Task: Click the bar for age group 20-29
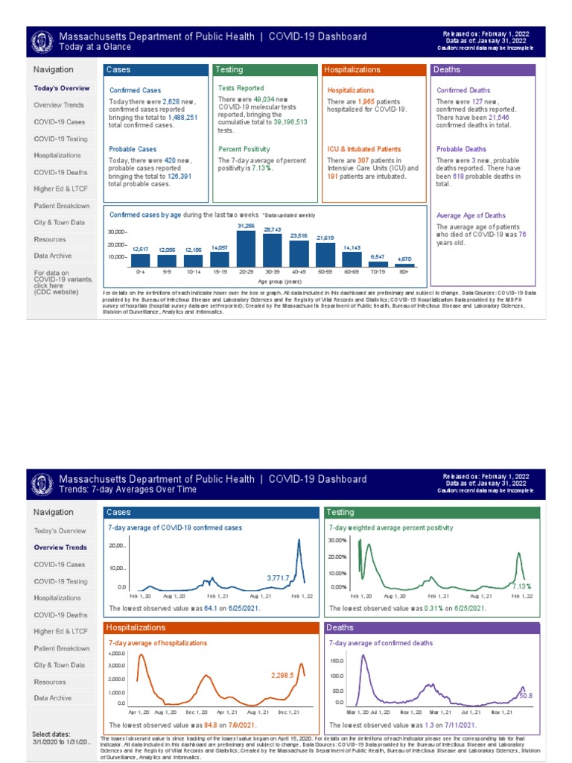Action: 246,248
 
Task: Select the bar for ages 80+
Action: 404,264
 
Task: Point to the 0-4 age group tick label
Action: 140,273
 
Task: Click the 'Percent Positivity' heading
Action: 244,149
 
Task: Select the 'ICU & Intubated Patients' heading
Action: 364,149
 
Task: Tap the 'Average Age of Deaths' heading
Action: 470,215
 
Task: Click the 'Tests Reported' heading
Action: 241,88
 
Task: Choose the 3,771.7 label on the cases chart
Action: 278,577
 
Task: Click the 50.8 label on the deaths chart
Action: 525,695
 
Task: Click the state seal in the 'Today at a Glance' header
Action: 42,42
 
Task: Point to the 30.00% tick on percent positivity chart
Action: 337,540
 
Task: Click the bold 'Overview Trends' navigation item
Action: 60,548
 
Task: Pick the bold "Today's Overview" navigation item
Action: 61,88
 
